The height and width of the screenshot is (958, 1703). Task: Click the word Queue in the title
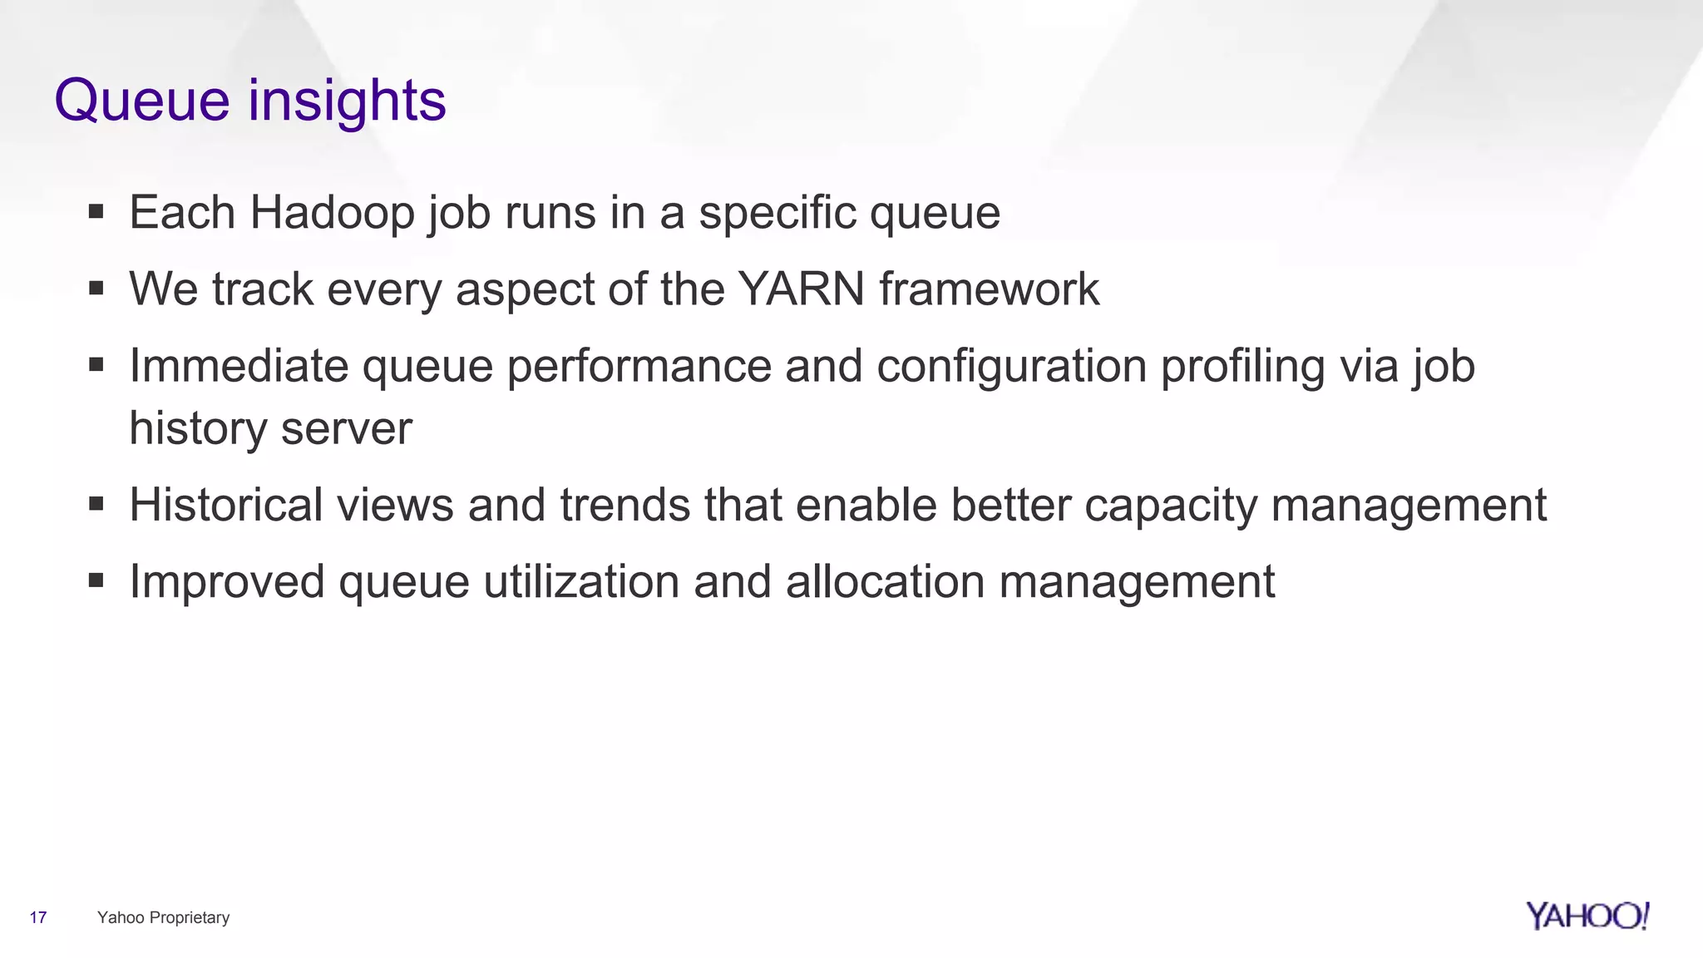coord(141,101)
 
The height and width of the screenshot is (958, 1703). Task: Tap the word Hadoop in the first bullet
coord(332,213)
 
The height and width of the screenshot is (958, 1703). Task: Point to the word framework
coord(989,289)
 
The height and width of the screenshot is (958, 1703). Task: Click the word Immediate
coord(239,366)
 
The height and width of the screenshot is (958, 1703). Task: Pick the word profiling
coord(1242,368)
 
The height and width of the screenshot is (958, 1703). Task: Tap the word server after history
coord(346,429)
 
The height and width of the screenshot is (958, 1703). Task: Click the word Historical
coord(225,505)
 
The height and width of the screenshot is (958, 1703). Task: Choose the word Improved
coord(227,582)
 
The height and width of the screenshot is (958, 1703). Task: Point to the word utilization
coord(581,581)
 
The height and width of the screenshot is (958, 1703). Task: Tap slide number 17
coord(38,917)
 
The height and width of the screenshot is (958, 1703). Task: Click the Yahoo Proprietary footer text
coord(163,917)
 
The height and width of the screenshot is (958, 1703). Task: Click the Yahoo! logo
coord(1587,916)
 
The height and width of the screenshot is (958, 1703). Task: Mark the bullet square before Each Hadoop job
coord(96,212)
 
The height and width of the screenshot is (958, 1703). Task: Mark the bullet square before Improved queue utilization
coord(96,580)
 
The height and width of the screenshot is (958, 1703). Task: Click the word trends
coord(624,505)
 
